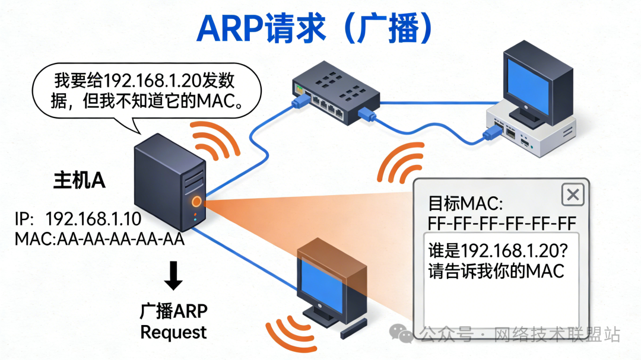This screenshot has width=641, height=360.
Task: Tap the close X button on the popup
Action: [572, 195]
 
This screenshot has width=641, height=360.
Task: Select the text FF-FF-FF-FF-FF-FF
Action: [502, 224]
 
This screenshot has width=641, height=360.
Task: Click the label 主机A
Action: [80, 181]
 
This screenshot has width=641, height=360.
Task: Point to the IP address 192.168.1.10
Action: [93, 219]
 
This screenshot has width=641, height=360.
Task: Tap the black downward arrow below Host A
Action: [173, 277]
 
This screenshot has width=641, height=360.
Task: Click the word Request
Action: [173, 332]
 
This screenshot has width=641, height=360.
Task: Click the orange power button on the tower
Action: [196, 202]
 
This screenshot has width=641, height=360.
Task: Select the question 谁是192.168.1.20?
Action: [498, 250]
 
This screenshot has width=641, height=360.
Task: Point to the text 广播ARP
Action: [173, 311]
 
